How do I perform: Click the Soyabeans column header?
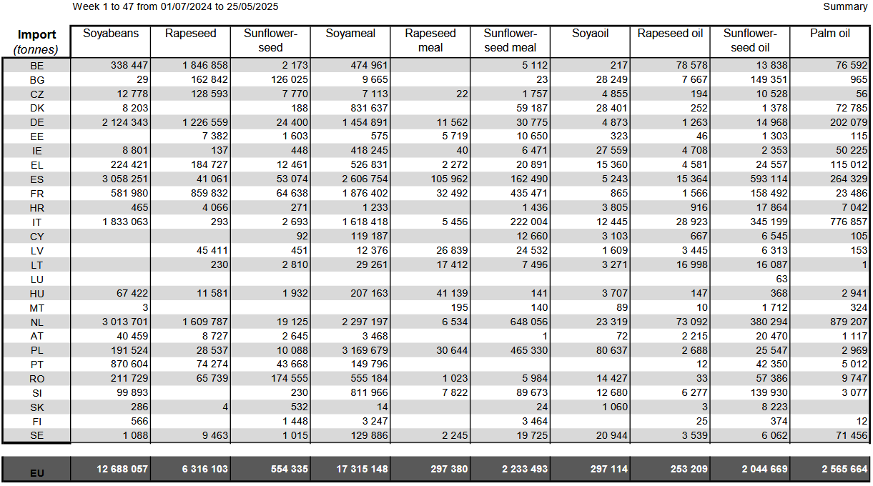click(111, 34)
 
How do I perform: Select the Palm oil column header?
click(829, 34)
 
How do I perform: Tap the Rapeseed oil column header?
click(670, 34)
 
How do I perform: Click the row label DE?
click(36, 123)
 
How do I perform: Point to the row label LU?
click(36, 279)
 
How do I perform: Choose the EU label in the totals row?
click(36, 473)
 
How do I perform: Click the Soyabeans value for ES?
click(125, 179)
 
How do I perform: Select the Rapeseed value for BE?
click(205, 65)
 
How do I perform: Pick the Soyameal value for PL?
click(365, 350)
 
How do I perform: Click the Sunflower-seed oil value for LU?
click(781, 279)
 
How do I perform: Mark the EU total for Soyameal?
click(362, 469)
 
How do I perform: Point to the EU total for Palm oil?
click(844, 469)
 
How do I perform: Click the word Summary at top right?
click(845, 6)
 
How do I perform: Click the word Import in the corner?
click(36, 34)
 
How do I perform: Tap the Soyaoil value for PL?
click(612, 350)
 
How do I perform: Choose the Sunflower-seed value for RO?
click(290, 379)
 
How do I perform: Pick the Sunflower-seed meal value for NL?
click(529, 322)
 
